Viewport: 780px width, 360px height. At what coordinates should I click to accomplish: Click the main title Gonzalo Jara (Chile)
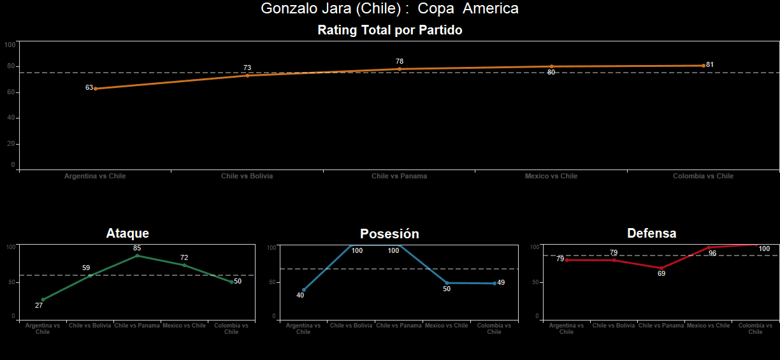pos(389,9)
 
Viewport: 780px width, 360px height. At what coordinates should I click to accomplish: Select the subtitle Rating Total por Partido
pos(389,30)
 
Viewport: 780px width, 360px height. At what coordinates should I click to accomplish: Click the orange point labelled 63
pos(96,89)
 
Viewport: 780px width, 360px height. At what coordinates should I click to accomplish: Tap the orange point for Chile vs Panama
pos(400,69)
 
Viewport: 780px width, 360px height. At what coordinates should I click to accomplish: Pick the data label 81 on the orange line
pos(710,65)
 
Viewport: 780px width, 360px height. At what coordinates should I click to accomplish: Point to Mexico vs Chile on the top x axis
pos(551,176)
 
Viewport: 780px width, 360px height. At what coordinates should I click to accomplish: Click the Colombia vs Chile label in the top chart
pos(703,176)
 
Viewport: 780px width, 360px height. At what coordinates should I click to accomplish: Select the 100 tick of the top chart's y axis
pos(10,45)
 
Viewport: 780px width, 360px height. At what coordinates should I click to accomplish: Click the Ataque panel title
pos(127,234)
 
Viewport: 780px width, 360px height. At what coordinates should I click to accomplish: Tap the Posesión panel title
pos(389,234)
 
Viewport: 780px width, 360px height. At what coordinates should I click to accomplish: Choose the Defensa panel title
pos(651,233)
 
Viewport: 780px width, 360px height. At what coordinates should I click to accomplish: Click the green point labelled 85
pos(137,256)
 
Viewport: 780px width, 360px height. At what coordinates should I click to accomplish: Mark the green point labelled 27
pos(43,299)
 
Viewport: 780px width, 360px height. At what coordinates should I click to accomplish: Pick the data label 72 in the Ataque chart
pos(184,258)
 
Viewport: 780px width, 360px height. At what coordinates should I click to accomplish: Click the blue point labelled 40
pos(303,290)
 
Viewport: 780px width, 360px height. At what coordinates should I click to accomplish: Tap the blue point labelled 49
pos(495,283)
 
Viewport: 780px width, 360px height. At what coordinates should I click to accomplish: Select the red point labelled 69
pos(661,268)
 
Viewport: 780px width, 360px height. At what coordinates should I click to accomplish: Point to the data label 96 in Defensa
pos(712,254)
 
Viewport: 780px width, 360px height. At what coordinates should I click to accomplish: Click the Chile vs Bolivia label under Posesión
pos(350,326)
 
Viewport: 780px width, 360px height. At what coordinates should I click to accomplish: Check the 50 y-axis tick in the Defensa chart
pos(537,282)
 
